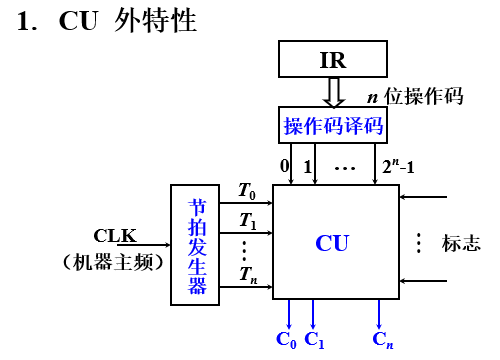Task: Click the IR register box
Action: click(333, 60)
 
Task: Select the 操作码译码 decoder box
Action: click(332, 126)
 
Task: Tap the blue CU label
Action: click(333, 242)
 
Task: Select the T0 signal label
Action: click(247, 189)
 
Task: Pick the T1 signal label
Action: click(247, 220)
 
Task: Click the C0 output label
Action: click(287, 340)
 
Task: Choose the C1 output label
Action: click(315, 340)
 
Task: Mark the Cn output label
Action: click(382, 340)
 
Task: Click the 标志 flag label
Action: click(461, 243)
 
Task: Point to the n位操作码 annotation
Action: click(415, 97)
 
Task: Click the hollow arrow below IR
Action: click(333, 92)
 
